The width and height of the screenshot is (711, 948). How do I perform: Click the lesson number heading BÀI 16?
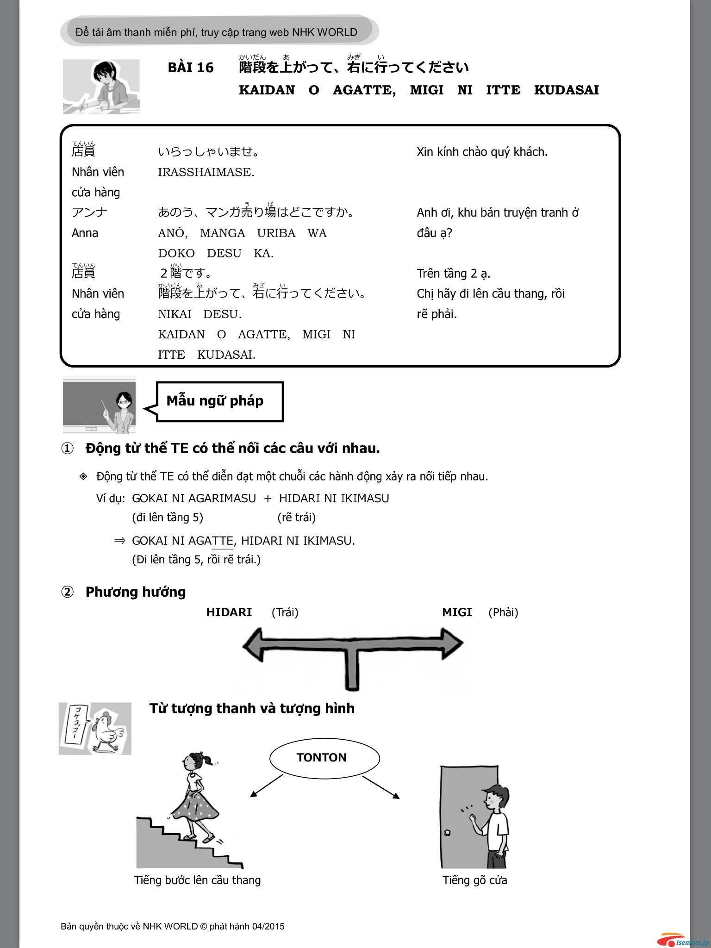tap(191, 68)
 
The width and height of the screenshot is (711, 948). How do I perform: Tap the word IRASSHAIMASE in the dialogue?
tap(206, 172)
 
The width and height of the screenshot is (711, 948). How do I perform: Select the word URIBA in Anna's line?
tap(276, 233)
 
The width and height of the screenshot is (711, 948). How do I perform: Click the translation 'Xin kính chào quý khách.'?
tap(482, 152)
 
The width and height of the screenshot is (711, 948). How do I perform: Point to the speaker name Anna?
tap(85, 233)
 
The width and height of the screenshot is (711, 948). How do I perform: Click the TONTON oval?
tap(324, 758)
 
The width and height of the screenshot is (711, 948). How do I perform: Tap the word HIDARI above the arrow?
tap(229, 612)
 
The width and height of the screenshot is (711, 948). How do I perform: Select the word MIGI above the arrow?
tap(457, 612)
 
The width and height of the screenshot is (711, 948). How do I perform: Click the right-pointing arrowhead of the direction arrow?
tap(452, 643)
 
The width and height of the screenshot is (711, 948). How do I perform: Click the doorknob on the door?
tap(447, 833)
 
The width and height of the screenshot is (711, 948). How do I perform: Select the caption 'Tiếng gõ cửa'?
tap(474, 880)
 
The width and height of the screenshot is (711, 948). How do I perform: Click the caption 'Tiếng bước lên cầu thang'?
tap(197, 880)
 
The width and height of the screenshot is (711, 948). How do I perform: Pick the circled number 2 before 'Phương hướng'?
tap(68, 592)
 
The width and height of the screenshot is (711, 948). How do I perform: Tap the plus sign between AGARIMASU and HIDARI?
tap(268, 499)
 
